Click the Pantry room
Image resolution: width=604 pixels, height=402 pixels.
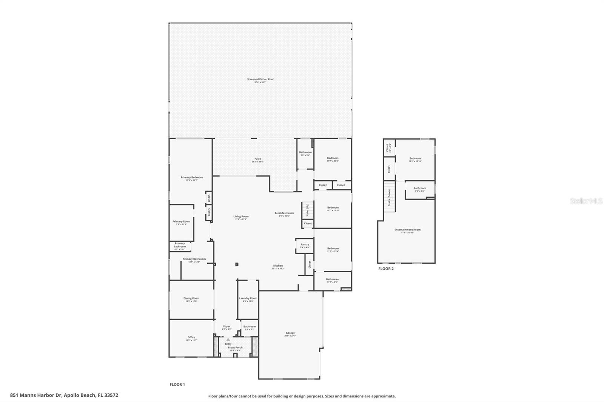(x=305, y=245)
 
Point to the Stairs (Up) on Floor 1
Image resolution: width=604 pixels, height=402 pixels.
(x=308, y=209)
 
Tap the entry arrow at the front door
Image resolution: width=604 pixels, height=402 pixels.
(x=228, y=340)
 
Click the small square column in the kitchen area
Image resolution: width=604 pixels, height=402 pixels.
(x=237, y=264)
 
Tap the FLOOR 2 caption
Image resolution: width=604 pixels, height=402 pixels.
(x=386, y=269)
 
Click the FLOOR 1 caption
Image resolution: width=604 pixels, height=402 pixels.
(x=177, y=385)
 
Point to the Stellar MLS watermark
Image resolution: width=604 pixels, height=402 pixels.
(x=586, y=201)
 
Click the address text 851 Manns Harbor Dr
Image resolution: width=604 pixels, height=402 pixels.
(x=64, y=396)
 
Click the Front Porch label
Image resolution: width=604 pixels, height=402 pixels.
(x=236, y=348)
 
